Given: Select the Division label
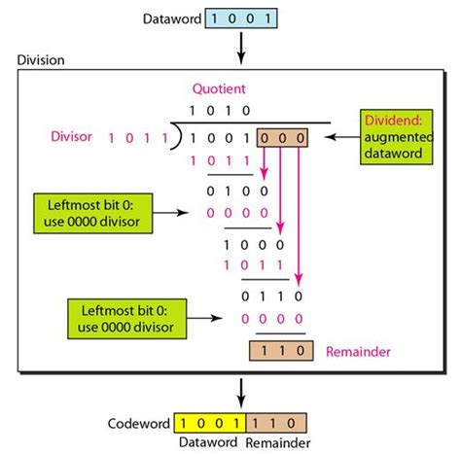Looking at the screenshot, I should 42,60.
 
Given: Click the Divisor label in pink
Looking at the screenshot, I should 74,136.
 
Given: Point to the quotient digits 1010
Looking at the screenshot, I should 221,110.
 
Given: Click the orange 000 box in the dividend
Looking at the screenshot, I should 283,138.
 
